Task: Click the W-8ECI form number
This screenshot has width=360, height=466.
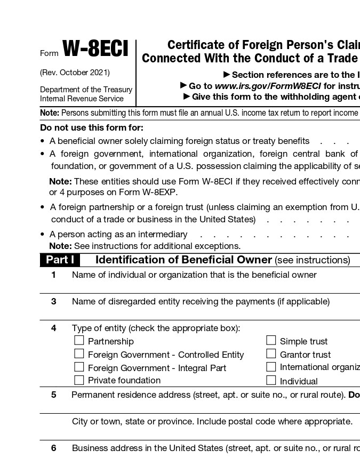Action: [95, 50]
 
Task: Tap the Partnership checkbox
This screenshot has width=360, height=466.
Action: [79, 340]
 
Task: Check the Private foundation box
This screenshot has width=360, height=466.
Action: [79, 380]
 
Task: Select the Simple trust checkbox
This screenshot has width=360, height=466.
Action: [271, 340]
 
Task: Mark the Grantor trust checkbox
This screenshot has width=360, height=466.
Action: [271, 353]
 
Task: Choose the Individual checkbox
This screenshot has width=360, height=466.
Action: [271, 380]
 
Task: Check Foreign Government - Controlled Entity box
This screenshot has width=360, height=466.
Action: [79, 353]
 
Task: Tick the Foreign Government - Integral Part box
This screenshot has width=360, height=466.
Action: [79, 367]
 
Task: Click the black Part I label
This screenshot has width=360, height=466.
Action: [59, 260]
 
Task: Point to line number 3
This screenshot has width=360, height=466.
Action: [53, 301]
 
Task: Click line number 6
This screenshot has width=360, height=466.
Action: [53, 448]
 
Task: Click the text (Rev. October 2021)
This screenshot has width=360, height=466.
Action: [75, 73]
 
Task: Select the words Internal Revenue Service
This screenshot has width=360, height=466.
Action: [82, 99]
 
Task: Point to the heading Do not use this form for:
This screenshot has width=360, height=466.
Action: [92, 128]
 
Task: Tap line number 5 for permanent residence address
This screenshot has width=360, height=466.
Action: [53, 395]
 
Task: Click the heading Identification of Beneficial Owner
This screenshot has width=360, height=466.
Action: [183, 260]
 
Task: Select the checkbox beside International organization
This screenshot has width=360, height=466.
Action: [271, 367]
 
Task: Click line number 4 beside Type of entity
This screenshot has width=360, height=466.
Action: [53, 328]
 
